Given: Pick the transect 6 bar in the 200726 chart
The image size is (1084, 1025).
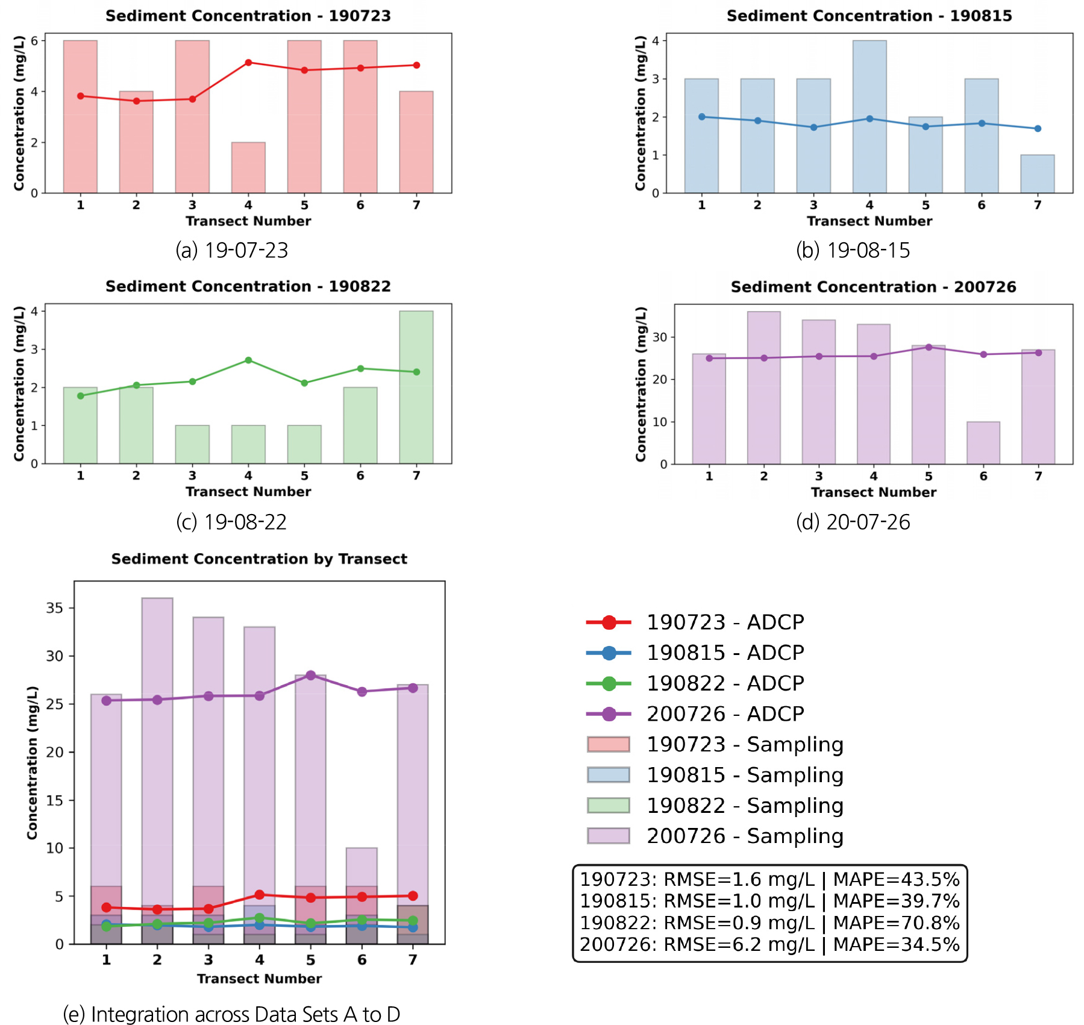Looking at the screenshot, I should [983, 443].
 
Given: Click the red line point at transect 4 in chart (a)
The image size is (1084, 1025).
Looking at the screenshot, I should [248, 63].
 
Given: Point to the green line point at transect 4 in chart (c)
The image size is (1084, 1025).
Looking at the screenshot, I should [248, 360].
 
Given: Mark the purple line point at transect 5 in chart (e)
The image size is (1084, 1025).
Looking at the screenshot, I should [310, 675].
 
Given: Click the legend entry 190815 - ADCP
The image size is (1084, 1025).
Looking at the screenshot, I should [725, 653].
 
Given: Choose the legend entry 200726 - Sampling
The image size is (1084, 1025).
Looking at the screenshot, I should [744, 836].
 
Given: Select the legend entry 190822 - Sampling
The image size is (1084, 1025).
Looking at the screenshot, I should [744, 805].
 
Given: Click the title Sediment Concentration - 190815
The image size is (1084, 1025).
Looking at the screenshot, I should [869, 16].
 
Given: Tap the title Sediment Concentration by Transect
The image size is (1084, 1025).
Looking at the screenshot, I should [259, 559].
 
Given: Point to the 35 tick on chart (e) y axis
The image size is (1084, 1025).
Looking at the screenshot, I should [55, 608].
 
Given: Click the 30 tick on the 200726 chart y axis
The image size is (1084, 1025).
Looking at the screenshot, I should [660, 337].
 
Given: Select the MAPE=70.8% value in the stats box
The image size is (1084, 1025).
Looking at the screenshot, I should [896, 923].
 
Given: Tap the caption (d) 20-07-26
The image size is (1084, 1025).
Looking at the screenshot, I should [853, 522].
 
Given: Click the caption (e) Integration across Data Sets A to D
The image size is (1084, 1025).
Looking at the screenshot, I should [231, 1014].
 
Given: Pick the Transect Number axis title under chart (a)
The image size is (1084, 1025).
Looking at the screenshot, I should [248, 221].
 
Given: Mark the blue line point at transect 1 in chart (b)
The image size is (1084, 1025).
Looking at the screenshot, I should [701, 117].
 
